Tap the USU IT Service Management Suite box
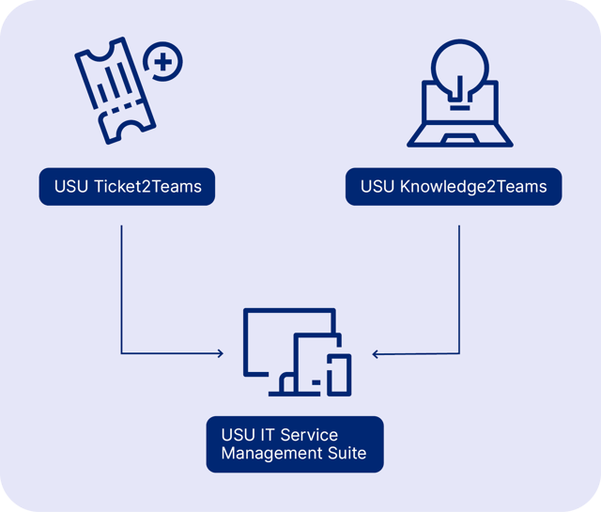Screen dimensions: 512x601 click(x=295, y=444)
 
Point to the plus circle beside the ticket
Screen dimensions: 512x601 click(x=164, y=64)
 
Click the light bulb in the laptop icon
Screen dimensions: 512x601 click(x=458, y=70)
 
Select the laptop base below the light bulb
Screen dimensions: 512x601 click(x=459, y=140)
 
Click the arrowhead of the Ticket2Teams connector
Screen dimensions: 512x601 click(x=221, y=354)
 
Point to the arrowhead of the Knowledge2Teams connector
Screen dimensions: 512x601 click(x=375, y=354)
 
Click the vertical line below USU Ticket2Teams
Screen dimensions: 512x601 click(x=122, y=282)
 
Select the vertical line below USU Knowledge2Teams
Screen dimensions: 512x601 click(x=459, y=282)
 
